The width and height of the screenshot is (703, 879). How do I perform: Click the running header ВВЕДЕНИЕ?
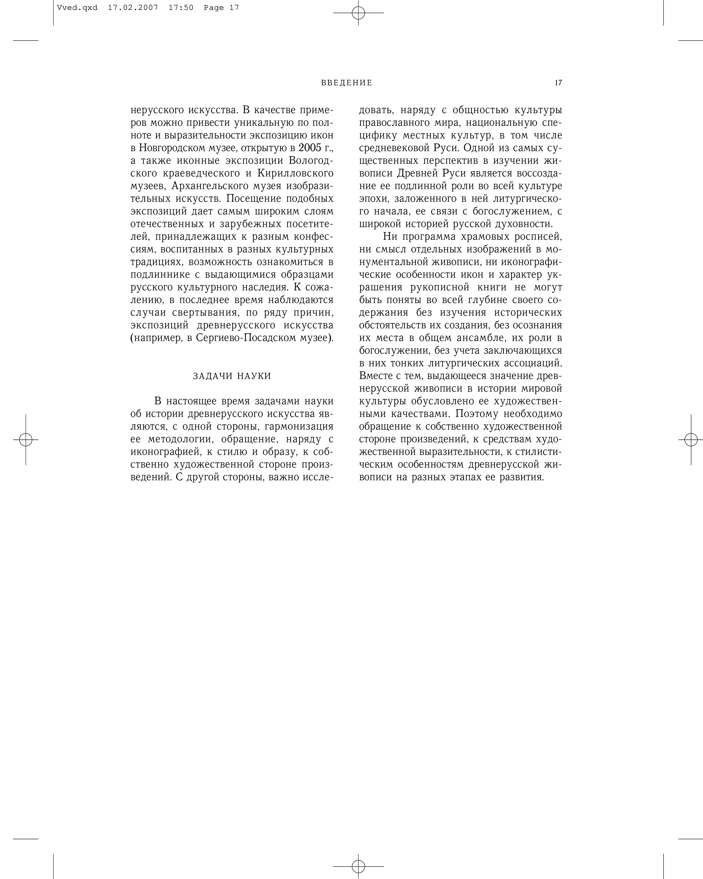click(347, 83)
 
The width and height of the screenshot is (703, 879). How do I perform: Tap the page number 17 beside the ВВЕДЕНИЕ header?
click(558, 83)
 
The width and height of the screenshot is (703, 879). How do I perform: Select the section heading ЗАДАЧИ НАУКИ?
click(232, 376)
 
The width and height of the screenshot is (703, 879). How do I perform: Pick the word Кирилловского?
click(295, 173)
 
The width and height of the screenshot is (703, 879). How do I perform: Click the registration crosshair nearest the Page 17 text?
click(358, 13)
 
